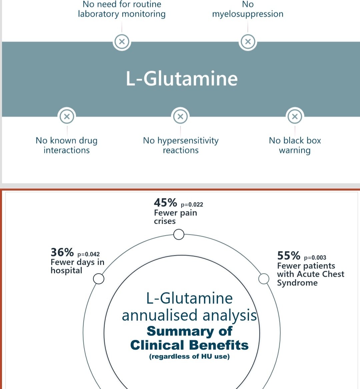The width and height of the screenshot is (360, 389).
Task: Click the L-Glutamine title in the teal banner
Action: click(182, 79)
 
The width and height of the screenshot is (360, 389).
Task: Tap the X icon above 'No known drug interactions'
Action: click(67, 116)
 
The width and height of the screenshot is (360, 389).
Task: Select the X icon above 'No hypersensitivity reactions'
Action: click(180, 116)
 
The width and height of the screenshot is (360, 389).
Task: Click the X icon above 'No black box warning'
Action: click(295, 116)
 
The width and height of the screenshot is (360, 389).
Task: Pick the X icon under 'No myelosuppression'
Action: click(248, 42)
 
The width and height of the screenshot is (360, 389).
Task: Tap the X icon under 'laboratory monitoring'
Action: click(122, 42)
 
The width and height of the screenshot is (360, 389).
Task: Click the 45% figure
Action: click(165, 203)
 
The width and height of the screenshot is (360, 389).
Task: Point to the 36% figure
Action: click(62, 252)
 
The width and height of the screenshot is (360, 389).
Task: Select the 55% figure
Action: click(289, 256)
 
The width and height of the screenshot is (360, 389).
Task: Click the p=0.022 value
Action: click(192, 205)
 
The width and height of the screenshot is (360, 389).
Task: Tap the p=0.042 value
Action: click(88, 254)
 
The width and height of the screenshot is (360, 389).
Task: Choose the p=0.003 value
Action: click(315, 258)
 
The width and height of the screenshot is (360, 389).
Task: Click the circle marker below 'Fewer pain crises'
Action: click(179, 235)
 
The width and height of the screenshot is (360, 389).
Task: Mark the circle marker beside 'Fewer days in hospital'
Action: click(99, 279)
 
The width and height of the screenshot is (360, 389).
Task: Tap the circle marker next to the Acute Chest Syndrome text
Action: click(264, 279)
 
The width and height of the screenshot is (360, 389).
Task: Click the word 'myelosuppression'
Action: click(248, 14)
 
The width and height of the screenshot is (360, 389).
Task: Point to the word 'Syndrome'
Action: click(297, 283)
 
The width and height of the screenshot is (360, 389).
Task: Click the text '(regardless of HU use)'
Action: click(189, 357)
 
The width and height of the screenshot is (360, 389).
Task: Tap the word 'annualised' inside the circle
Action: click(160, 316)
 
